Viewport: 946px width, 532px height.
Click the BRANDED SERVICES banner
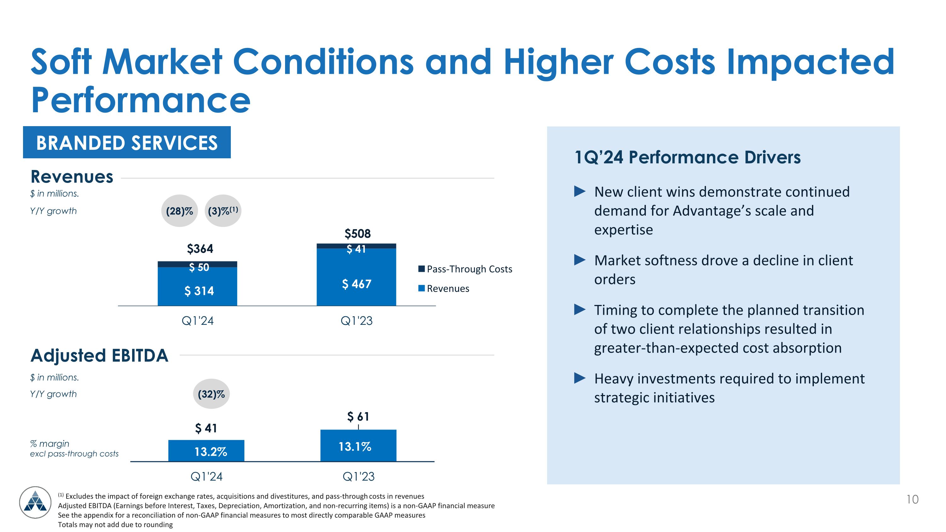tap(127, 143)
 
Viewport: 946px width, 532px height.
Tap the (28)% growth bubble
tap(179, 211)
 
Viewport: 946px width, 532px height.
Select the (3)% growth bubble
tap(223, 211)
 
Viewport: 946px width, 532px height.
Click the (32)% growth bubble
tap(211, 394)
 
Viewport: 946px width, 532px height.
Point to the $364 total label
tap(200, 249)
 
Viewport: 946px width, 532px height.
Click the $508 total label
tap(357, 233)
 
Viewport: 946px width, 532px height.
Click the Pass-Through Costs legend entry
tap(465, 269)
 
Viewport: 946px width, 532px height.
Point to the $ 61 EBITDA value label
tap(358, 417)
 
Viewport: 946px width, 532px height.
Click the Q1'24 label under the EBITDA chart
tap(207, 476)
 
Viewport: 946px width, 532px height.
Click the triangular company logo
tap(35, 502)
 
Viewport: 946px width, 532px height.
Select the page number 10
tap(912, 499)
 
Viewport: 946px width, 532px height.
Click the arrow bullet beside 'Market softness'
tap(580, 260)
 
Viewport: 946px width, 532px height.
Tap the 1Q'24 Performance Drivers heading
tap(687, 157)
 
